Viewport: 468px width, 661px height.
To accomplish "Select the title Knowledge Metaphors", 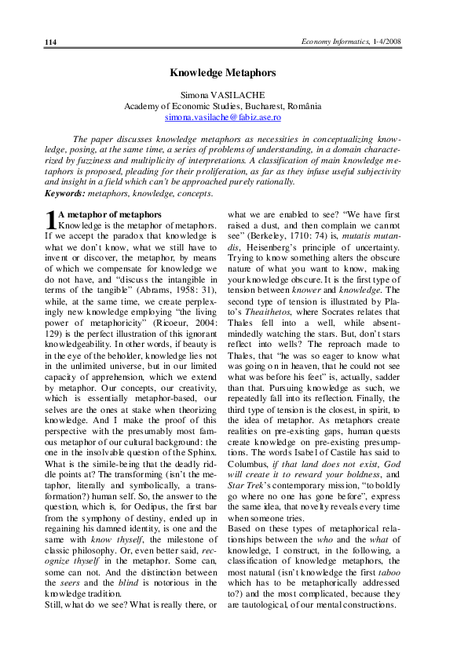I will click(x=223, y=72).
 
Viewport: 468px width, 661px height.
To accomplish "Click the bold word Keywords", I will click(x=64, y=192).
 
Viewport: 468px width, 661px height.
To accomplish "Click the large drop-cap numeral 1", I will click(x=50, y=221).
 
